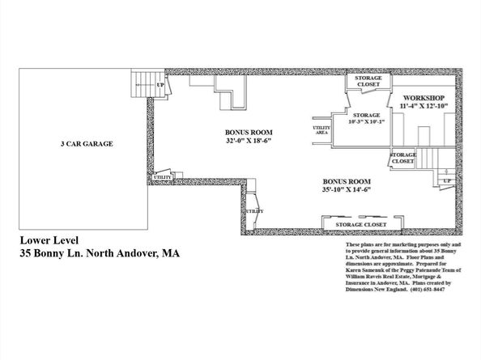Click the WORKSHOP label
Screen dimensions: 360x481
(x=424, y=97)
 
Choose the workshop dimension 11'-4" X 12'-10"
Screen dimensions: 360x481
(x=424, y=106)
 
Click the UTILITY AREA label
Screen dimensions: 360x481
(x=320, y=131)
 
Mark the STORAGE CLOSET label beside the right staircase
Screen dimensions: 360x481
(x=403, y=158)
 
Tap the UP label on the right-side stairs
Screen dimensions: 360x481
(x=445, y=180)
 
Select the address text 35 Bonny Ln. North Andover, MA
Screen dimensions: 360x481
(x=100, y=253)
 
